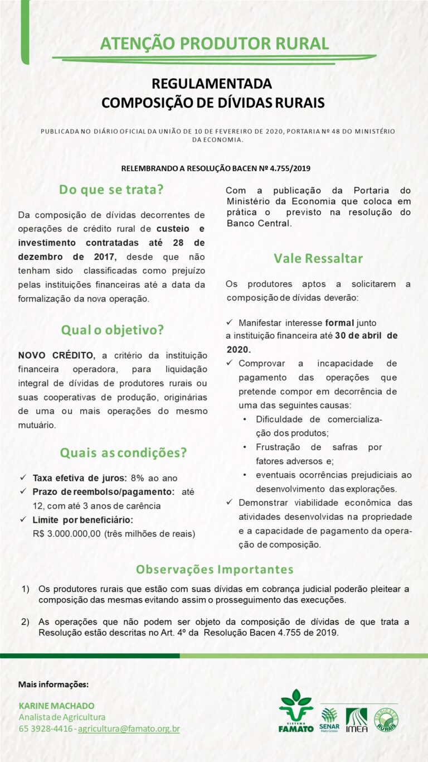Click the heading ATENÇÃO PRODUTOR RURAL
[214, 44]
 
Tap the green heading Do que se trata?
[111, 189]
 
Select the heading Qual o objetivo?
[113, 330]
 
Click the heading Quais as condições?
[123, 452]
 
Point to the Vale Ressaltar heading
[318, 258]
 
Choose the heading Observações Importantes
[215, 569]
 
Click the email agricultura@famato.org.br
[129, 729]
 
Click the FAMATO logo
[296, 711]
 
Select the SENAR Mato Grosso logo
[329, 719]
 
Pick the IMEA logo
[357, 720]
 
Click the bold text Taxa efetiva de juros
[80, 478]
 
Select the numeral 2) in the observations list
[26, 621]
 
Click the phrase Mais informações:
[53, 684]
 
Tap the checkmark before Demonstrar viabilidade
[230, 502]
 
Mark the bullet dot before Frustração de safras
[245, 447]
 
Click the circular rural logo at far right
[386, 719]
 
